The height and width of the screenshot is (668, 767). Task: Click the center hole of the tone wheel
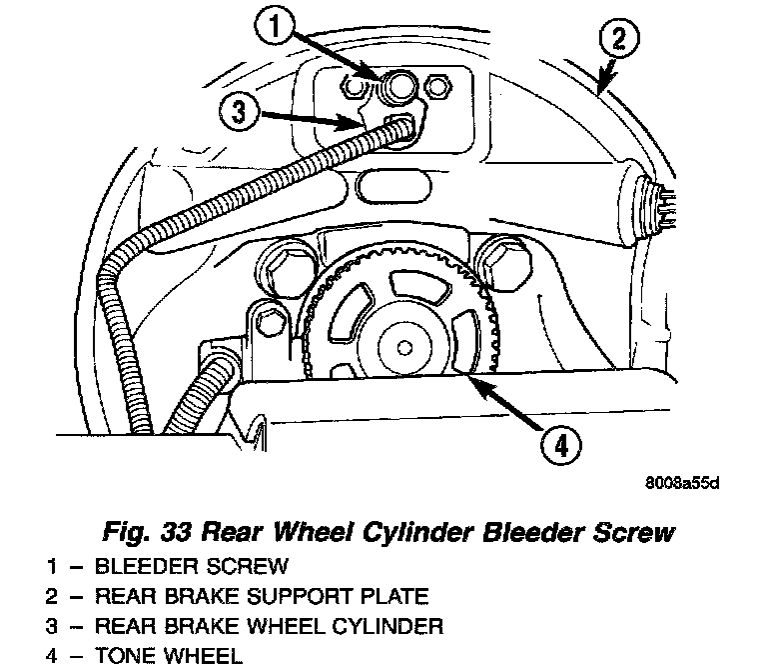405,348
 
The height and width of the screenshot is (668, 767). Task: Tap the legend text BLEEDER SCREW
191,567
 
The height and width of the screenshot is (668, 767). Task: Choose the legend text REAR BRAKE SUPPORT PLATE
261,597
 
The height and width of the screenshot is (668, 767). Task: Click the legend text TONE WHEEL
168,657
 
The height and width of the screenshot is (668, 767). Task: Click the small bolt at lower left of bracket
267,319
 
